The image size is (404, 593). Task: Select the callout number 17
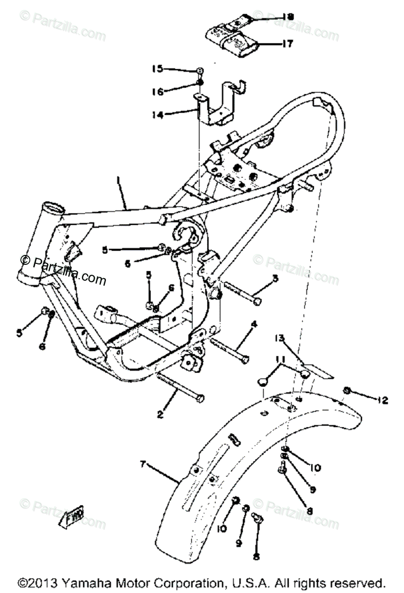coord(288,44)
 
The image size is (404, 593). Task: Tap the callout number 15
coord(157,69)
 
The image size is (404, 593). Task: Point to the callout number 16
coord(157,91)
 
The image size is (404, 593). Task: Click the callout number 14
coord(157,115)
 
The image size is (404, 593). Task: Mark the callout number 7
coord(143,464)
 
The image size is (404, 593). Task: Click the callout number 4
coord(253,325)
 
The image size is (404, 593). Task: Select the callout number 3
coord(275,278)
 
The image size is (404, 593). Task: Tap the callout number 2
coord(160,415)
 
